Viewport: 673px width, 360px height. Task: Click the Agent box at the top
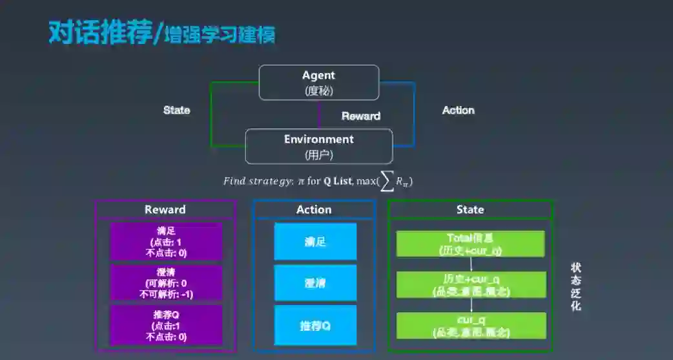pyautogui.click(x=318, y=82)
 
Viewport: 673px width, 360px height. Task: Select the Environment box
pyautogui.click(x=318, y=146)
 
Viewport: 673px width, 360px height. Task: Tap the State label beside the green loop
pyautogui.click(x=176, y=110)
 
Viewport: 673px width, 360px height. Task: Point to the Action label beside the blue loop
pyautogui.click(x=458, y=111)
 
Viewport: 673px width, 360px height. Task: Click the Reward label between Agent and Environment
pyautogui.click(x=360, y=116)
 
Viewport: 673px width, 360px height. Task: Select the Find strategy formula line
pyautogui.click(x=318, y=182)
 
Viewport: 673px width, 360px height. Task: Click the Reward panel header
pyautogui.click(x=165, y=209)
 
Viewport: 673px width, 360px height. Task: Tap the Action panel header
pyautogui.click(x=314, y=209)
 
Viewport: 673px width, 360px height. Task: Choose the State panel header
pyautogui.click(x=470, y=209)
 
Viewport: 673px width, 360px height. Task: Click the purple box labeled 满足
pyautogui.click(x=166, y=241)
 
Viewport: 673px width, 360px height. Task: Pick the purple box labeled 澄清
pyautogui.click(x=166, y=282)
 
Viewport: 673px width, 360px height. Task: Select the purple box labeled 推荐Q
pyautogui.click(x=166, y=324)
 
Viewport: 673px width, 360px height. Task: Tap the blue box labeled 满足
pyautogui.click(x=315, y=242)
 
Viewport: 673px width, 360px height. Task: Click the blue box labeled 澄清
pyautogui.click(x=315, y=283)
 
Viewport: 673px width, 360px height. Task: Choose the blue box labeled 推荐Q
pyautogui.click(x=315, y=325)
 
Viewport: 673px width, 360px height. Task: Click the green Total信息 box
pyautogui.click(x=470, y=244)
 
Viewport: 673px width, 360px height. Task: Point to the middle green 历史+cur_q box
pyautogui.click(x=471, y=284)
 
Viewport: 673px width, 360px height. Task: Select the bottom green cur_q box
pyautogui.click(x=471, y=326)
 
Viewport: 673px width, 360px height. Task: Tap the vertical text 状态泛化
pyautogui.click(x=575, y=286)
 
